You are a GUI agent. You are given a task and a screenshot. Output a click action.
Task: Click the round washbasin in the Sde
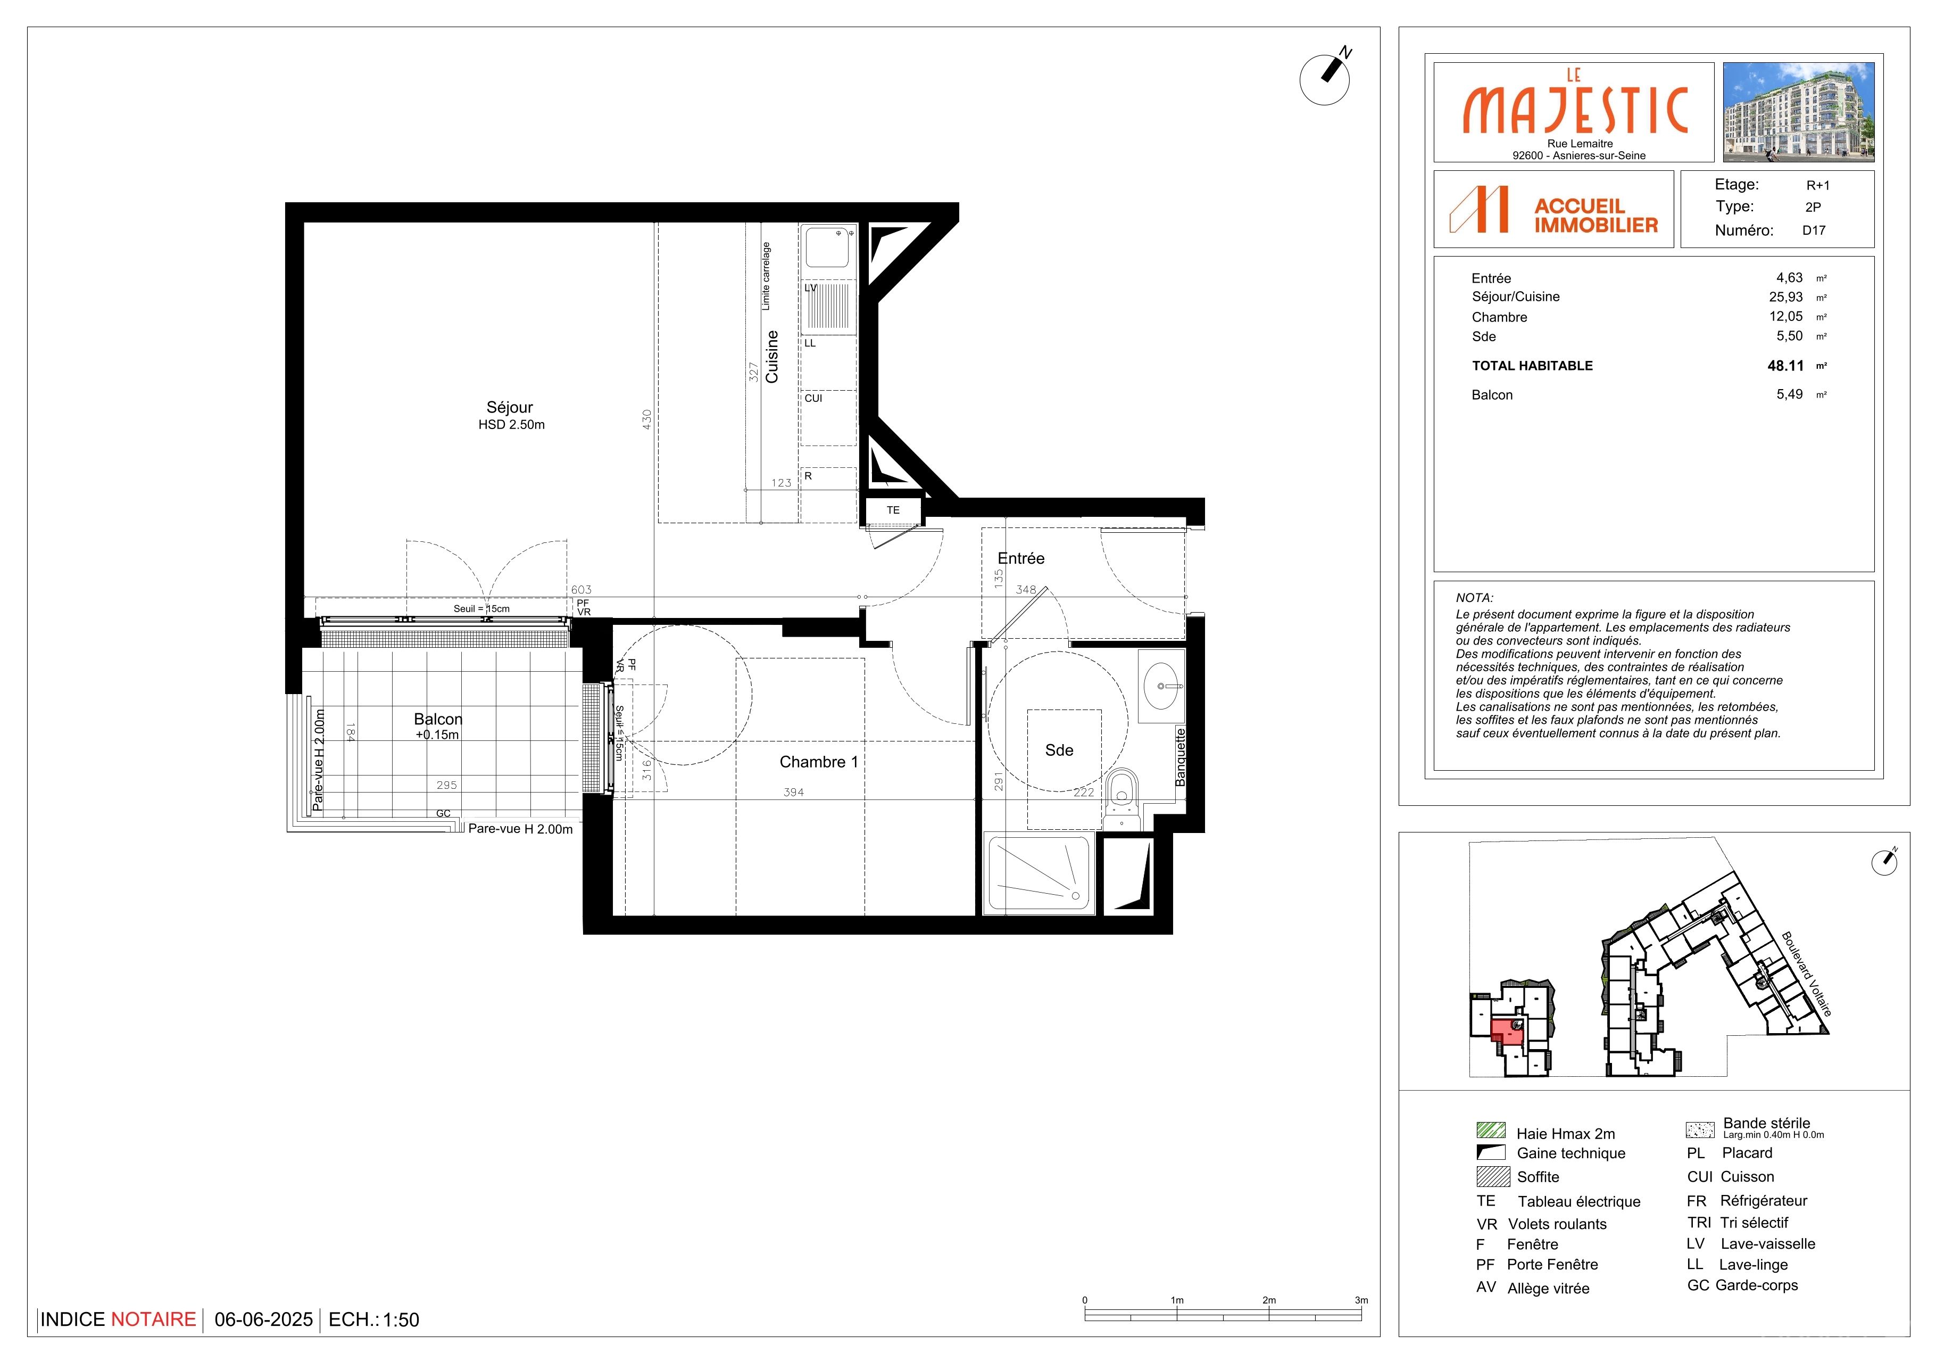click(x=1161, y=686)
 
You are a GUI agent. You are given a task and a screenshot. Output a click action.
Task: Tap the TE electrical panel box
click(x=893, y=510)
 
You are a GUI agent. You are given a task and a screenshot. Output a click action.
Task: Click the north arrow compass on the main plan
click(x=1326, y=78)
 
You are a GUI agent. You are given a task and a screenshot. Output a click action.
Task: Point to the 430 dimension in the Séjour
click(x=647, y=419)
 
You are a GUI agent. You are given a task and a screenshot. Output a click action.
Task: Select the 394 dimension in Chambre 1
click(x=793, y=792)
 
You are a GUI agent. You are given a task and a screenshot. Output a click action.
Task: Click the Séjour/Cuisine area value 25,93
click(x=1786, y=297)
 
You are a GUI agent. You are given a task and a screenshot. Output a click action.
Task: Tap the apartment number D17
click(x=1814, y=230)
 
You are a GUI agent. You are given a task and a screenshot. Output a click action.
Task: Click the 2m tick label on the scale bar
click(x=1269, y=1300)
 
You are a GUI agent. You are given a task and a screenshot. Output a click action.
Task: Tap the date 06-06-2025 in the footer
click(x=264, y=1319)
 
